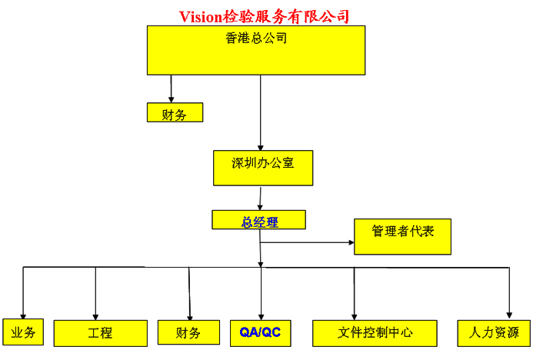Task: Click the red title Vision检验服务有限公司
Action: (265, 16)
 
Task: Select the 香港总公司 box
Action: (255, 50)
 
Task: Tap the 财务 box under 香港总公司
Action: (175, 113)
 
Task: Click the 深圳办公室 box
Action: (262, 168)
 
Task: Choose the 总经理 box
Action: (258, 221)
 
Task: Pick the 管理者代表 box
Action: (401, 236)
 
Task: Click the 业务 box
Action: (22, 332)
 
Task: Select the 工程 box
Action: (100, 333)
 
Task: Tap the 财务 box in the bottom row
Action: (188, 332)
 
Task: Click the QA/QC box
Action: (261, 332)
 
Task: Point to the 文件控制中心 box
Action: (375, 332)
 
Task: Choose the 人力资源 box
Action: (493, 332)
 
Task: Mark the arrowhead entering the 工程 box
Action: (95, 315)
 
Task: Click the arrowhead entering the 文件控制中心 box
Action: (354, 315)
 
